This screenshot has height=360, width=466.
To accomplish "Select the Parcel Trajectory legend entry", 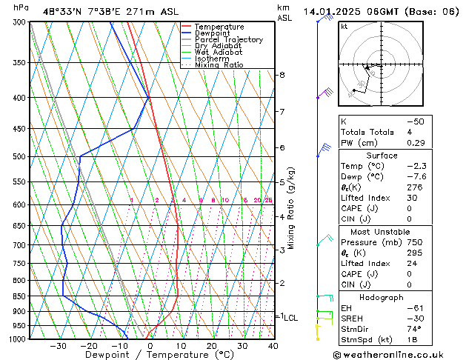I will [228, 40].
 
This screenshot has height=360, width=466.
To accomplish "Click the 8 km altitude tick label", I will [282, 75].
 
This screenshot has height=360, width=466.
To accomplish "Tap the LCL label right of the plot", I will [291, 318].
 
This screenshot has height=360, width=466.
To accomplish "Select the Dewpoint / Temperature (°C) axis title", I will [148, 356].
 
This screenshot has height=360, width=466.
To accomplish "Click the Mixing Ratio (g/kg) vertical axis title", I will [292, 208].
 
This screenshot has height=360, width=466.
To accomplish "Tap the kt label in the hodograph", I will [344, 27].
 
